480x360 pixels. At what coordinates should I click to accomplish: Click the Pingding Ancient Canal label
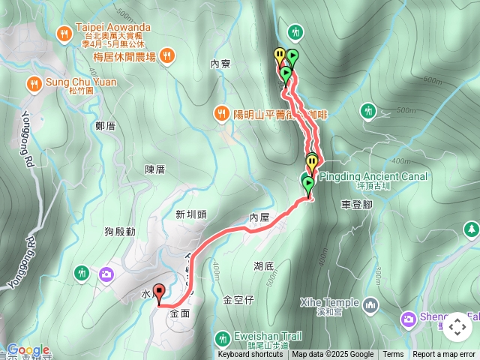coord(373,177)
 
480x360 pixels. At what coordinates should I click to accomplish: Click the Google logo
coord(28,350)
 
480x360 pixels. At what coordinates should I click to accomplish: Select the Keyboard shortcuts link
coord(250,355)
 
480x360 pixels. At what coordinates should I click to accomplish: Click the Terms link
coord(393,355)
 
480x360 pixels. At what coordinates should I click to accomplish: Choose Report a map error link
coord(444,355)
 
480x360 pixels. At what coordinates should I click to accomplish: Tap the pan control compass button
coord(457,328)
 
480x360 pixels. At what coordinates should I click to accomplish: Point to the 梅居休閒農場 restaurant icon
coord(166,55)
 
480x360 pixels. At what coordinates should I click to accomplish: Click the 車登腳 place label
coord(356,203)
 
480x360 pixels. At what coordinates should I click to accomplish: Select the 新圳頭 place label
coord(190,214)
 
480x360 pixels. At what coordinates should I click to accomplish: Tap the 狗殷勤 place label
coord(120,232)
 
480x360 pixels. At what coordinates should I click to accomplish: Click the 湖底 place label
coord(263,265)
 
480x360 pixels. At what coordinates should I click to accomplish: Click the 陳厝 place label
coord(154,169)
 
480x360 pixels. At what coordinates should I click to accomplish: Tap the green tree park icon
coord(471,229)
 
